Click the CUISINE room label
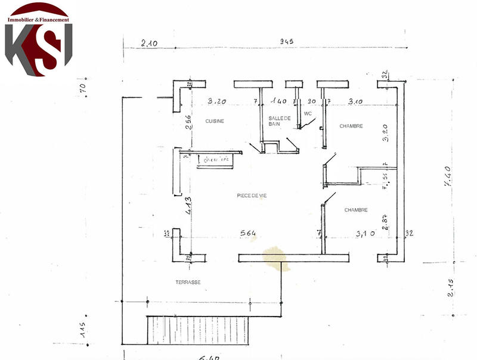point(215,121)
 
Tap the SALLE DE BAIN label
point(279,120)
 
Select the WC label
point(308,113)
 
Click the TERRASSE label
point(188,283)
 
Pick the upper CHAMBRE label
point(351,126)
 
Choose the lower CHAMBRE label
point(356,210)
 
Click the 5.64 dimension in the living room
point(249,233)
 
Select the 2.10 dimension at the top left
point(149,42)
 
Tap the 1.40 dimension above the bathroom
point(280,102)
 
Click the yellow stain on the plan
point(276,259)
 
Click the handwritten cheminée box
point(217,160)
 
